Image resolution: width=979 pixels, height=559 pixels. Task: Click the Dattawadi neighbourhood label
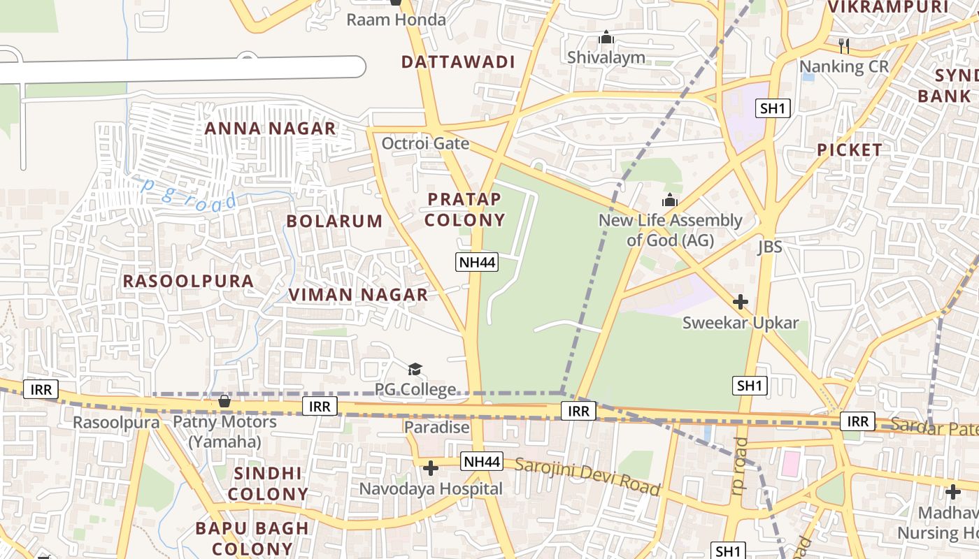pos(458,61)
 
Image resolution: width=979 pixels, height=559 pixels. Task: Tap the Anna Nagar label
pos(270,129)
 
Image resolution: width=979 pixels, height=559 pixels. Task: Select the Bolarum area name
pos(334,222)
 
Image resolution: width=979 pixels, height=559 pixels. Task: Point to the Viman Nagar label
pos(358,295)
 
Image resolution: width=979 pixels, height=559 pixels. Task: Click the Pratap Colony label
pos(465,210)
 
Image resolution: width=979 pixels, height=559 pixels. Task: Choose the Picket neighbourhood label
pos(850,150)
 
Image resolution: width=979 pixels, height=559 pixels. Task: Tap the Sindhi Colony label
pos(268,484)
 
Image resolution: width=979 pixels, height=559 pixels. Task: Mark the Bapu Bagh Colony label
pos(252,538)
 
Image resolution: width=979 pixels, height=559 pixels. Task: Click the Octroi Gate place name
pos(425,144)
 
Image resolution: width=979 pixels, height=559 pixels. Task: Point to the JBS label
pos(769,247)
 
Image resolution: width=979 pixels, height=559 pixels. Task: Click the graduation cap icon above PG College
pos(415,369)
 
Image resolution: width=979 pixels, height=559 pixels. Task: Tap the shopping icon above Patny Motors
pos(224,401)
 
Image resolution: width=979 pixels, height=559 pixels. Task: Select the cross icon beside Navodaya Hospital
pos(431,467)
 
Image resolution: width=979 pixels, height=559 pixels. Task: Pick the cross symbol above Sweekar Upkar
pos(740,302)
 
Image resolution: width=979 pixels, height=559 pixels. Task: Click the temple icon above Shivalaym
pos(606,37)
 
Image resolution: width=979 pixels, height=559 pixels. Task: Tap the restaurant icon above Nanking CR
pos(844,46)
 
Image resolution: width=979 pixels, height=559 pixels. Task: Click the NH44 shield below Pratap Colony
pos(476,263)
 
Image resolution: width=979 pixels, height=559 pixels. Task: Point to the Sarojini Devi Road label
pos(587,476)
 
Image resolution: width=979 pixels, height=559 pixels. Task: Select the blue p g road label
pos(189,195)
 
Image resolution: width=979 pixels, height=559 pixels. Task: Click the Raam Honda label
pos(396,20)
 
